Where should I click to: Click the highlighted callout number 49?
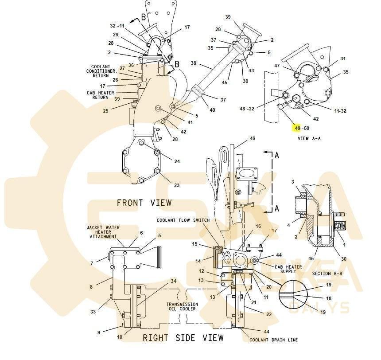pyautogui.click(x=298, y=128)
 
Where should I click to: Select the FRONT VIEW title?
pyautogui.click(x=144, y=203)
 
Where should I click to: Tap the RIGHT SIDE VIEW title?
pyautogui.click(x=183, y=338)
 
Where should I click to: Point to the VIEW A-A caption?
pyautogui.click(x=309, y=138)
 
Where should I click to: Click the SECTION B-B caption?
pyautogui.click(x=327, y=274)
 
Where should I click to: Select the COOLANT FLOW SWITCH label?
pyautogui.click(x=183, y=220)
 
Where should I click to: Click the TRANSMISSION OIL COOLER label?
pyautogui.click(x=182, y=306)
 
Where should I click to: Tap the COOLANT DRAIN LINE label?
pyautogui.click(x=274, y=340)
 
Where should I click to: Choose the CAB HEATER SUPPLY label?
pyautogui.click(x=288, y=269)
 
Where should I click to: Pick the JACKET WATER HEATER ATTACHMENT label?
pyautogui.click(x=103, y=232)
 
